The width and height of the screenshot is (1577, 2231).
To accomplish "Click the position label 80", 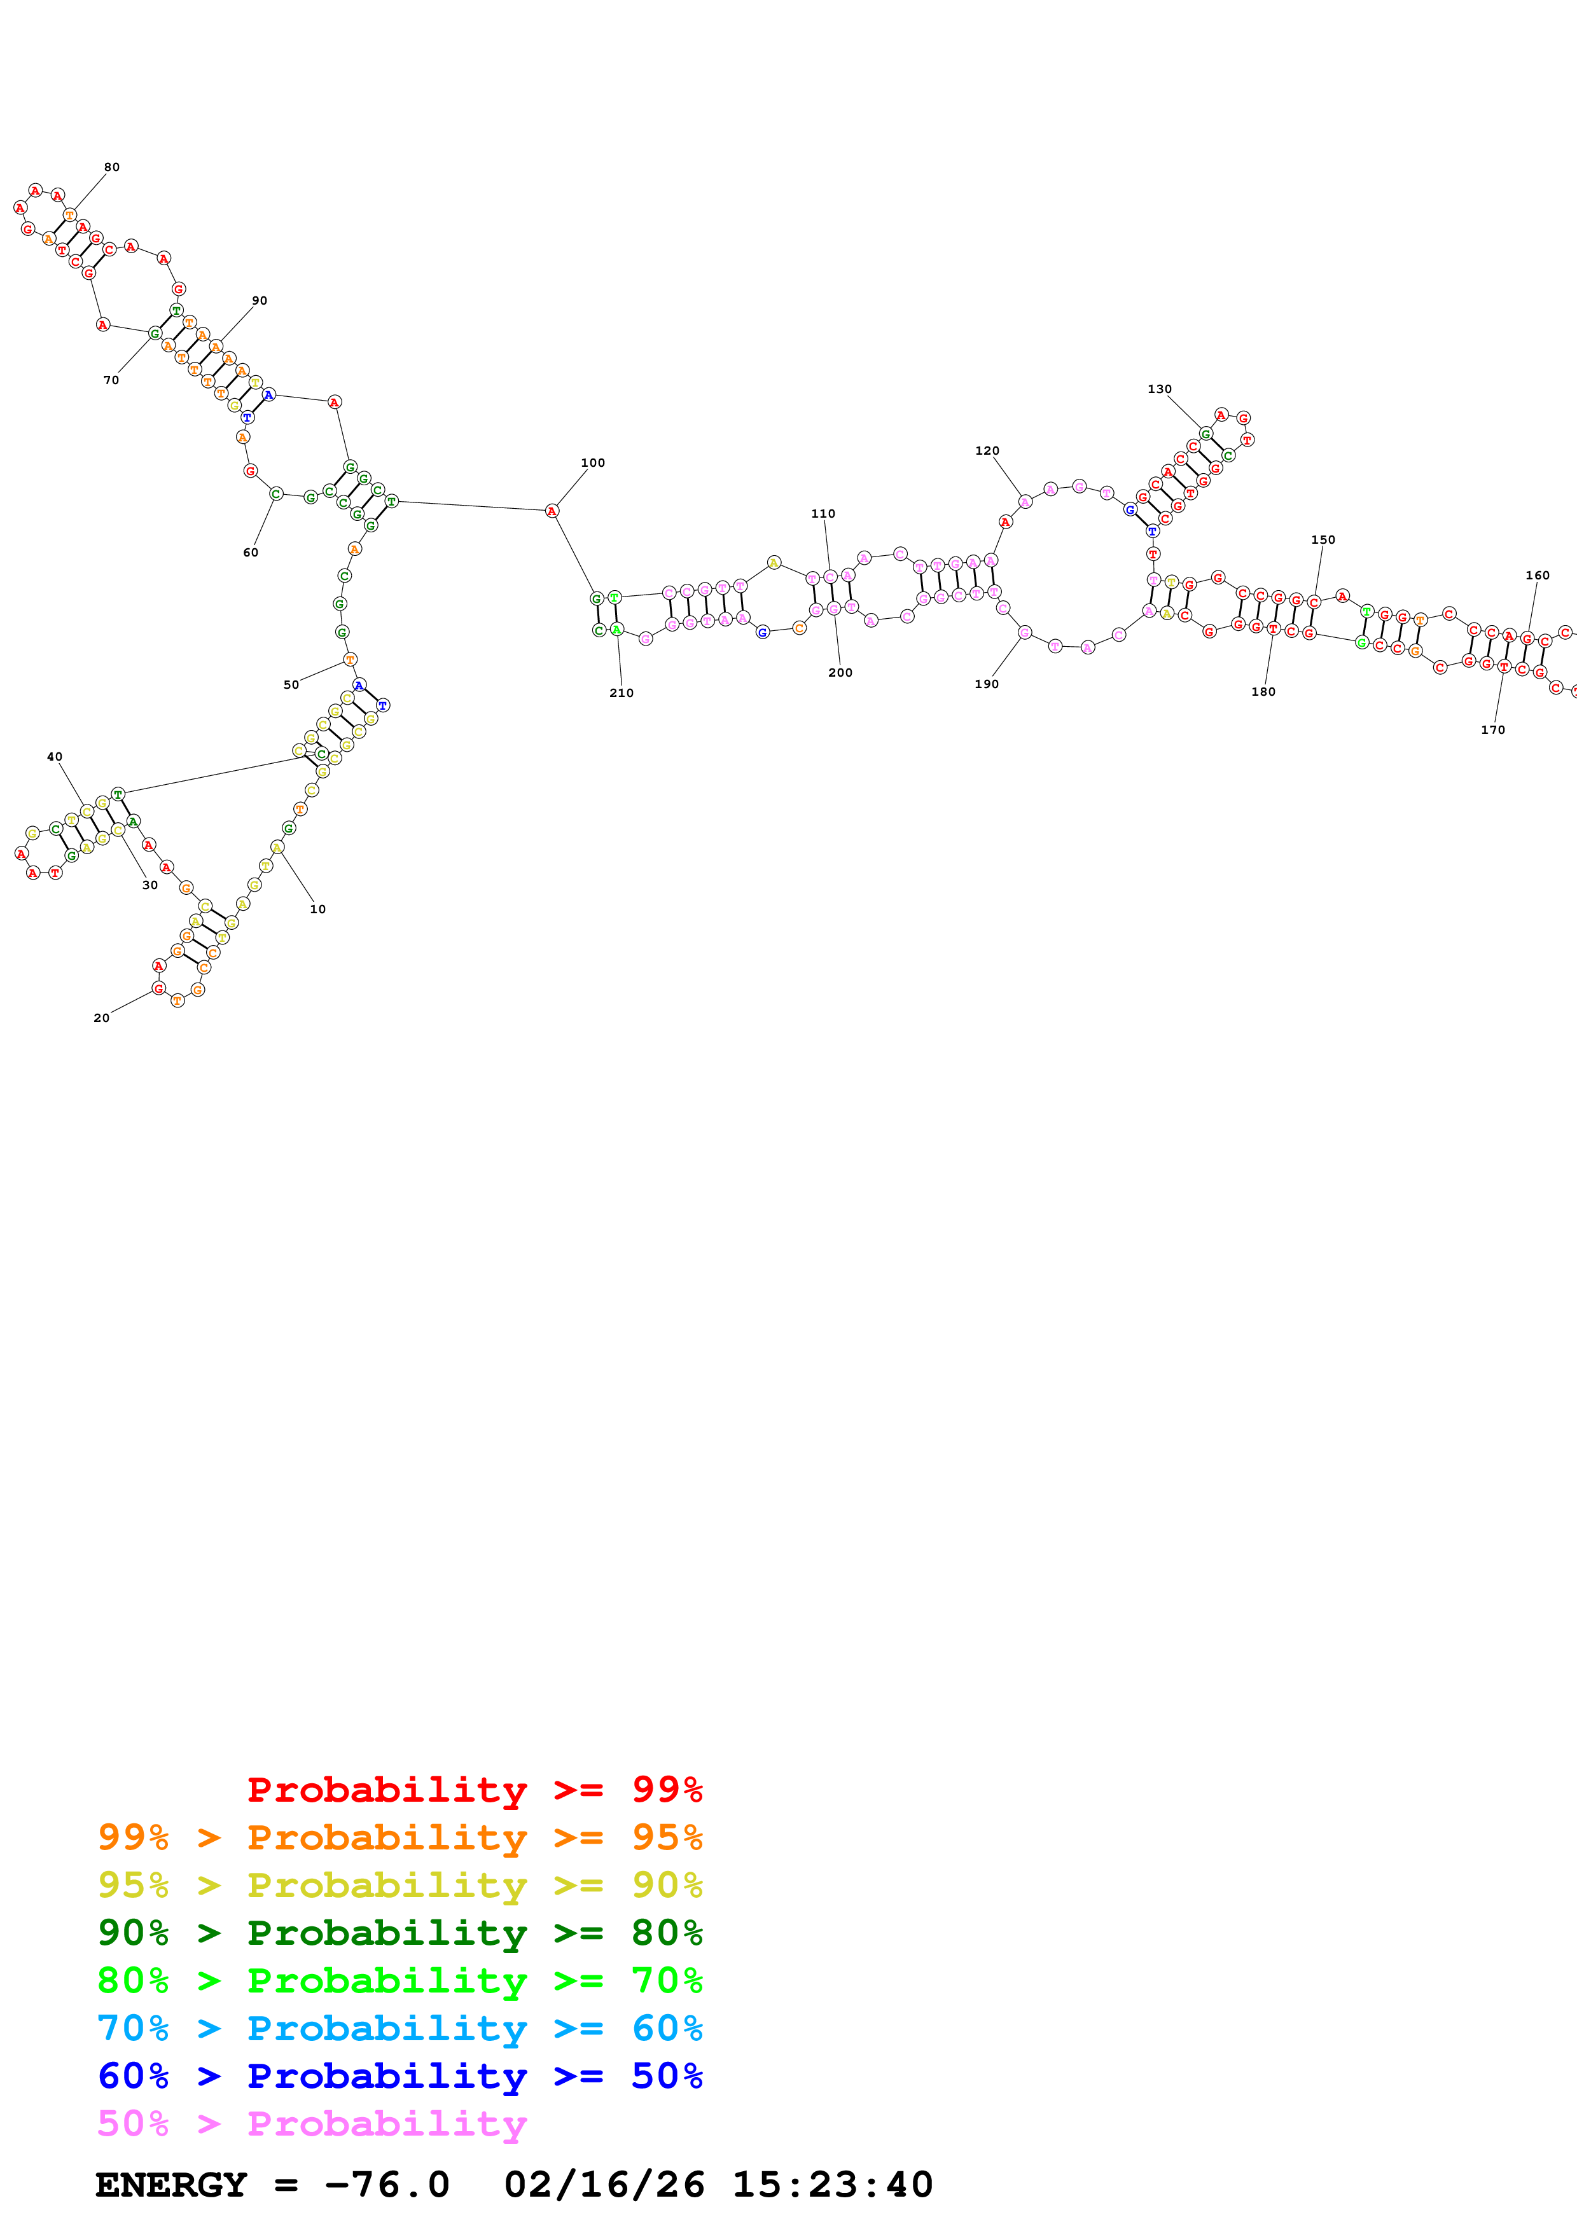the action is [112, 167].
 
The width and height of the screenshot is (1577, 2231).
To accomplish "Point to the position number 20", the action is [101, 1018].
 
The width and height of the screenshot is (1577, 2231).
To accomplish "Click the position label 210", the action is [621, 693].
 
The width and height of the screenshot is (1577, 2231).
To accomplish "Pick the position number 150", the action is [1323, 539].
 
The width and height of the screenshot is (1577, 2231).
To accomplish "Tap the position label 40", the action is [55, 756].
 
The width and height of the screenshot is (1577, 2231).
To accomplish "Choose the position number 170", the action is [1492, 729].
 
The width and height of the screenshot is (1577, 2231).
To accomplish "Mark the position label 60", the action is [251, 552].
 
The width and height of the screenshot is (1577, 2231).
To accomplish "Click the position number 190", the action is [986, 684].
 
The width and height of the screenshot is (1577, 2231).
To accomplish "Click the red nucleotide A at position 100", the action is [552, 511].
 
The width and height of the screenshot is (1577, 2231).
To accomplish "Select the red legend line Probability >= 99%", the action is [474, 1790].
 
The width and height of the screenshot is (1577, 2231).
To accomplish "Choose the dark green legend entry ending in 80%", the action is [399, 1933].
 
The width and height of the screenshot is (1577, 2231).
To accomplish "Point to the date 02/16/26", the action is [604, 2185].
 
